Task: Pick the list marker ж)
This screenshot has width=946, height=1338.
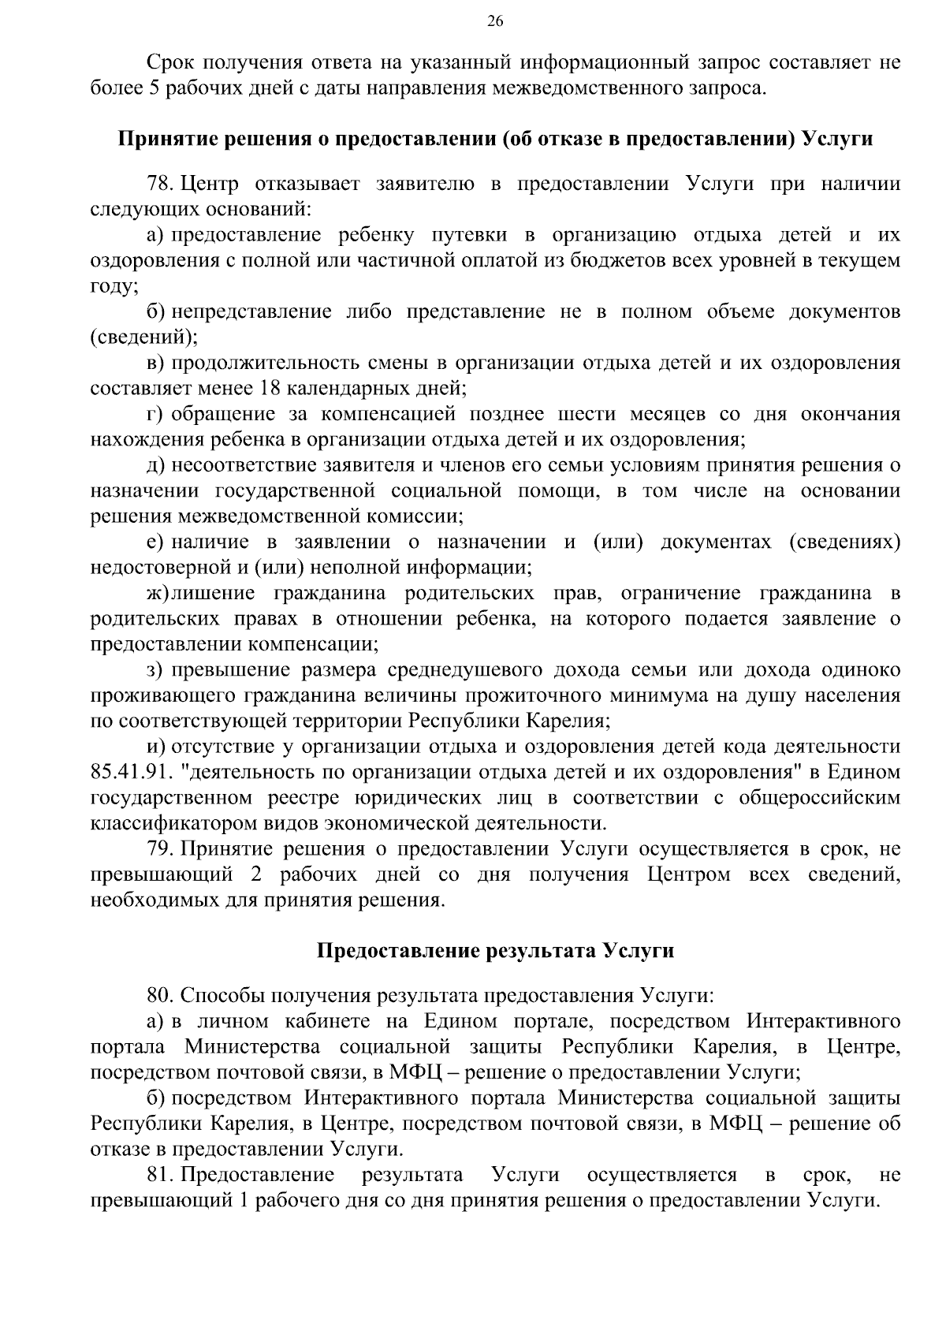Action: pos(157,593)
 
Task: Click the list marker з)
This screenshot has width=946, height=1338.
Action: pos(155,670)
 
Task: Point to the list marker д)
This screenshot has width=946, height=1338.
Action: pos(155,465)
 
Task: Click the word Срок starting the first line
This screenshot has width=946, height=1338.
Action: pos(169,62)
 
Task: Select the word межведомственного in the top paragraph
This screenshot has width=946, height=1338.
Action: pos(581,88)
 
